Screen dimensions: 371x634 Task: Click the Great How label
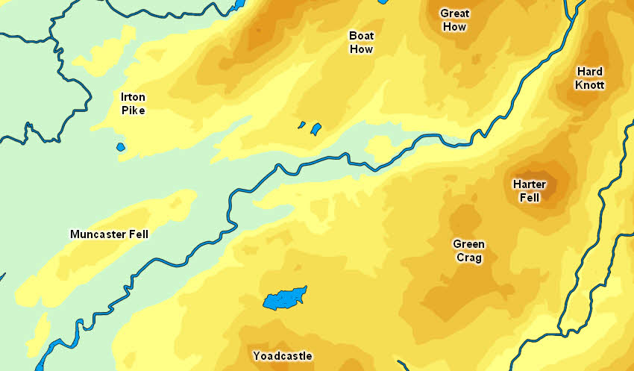point(454,20)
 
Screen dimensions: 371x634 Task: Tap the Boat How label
point(362,43)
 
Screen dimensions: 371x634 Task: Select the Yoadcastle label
point(282,355)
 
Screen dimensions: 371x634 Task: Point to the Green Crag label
point(468,251)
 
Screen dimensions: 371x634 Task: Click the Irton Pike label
point(134,104)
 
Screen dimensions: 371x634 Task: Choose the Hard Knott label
point(589,78)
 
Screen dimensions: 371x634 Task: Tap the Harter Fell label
point(530,191)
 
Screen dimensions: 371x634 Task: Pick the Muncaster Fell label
point(109,234)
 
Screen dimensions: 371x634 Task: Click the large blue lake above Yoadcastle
point(285,299)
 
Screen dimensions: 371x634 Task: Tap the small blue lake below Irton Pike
point(121,146)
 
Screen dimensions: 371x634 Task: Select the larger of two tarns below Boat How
point(316,129)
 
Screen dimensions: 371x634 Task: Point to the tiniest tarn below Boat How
point(302,125)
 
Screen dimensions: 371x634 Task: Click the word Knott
point(590,85)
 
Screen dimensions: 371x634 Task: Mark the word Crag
point(468,258)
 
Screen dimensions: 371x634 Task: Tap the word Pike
point(134,110)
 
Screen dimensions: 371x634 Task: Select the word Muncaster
point(97,234)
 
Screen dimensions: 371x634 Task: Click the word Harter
point(530,184)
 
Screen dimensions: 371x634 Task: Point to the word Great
point(454,13)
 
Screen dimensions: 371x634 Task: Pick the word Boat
point(362,36)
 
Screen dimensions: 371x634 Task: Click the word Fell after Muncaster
point(137,234)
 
